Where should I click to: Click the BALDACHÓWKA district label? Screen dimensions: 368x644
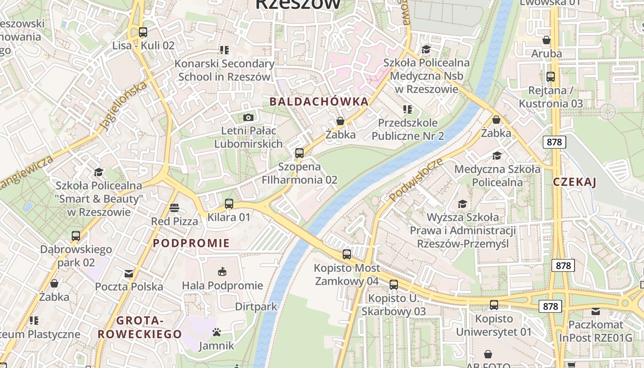pos(319,102)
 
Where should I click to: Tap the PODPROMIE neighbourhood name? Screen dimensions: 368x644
pos(191,243)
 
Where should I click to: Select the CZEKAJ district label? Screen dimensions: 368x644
pos(575,182)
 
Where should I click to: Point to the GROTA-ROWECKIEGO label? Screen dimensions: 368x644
pos(140,328)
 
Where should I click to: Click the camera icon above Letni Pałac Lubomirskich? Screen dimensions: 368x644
pos(248,117)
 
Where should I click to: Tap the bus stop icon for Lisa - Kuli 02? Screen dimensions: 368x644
pos(143,32)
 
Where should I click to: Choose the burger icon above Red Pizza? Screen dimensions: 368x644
pos(174,208)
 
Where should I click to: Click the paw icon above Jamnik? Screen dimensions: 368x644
pos(217,332)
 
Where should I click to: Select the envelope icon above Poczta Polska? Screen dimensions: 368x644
pos(129,274)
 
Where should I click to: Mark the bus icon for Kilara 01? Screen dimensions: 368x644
pos(229,203)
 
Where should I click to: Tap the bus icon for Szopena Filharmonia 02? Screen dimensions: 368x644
pos(299,153)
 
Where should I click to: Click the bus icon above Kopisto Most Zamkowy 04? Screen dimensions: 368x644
pos(347,254)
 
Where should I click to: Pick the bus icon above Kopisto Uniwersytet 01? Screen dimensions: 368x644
pos(494,305)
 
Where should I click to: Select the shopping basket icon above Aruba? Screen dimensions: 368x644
pos(546,40)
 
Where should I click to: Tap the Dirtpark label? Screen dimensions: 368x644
pos(256,306)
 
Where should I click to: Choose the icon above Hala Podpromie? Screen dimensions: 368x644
pos(222,271)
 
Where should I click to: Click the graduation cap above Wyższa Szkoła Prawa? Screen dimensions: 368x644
pos(463,203)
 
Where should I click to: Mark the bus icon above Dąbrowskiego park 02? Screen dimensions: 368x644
pos(76,236)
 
